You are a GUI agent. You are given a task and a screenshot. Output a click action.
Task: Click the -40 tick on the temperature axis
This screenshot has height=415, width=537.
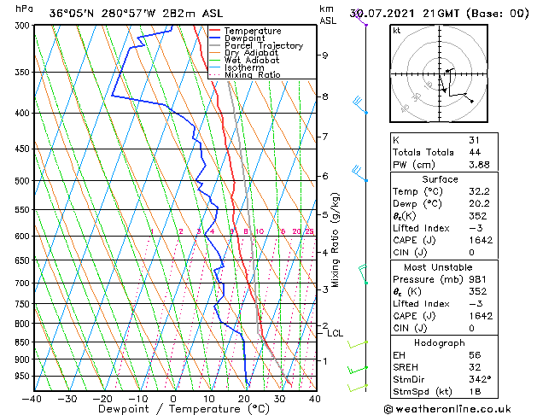pyautogui.click(x=32, y=397)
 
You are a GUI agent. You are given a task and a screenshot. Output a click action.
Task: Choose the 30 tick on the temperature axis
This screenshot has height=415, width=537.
pyautogui.click(x=279, y=397)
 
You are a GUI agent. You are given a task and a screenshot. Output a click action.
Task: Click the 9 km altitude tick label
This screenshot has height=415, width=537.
pyautogui.click(x=325, y=56)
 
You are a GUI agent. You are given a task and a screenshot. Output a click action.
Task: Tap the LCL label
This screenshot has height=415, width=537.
pyautogui.click(x=336, y=333)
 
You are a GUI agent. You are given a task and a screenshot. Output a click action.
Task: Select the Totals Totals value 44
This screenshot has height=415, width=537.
pyautogui.click(x=474, y=152)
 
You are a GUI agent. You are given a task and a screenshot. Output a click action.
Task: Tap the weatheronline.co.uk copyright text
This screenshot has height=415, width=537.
pyautogui.click(x=459, y=407)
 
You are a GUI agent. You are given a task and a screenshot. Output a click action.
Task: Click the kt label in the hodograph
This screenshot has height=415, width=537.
pyautogui.click(x=396, y=31)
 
